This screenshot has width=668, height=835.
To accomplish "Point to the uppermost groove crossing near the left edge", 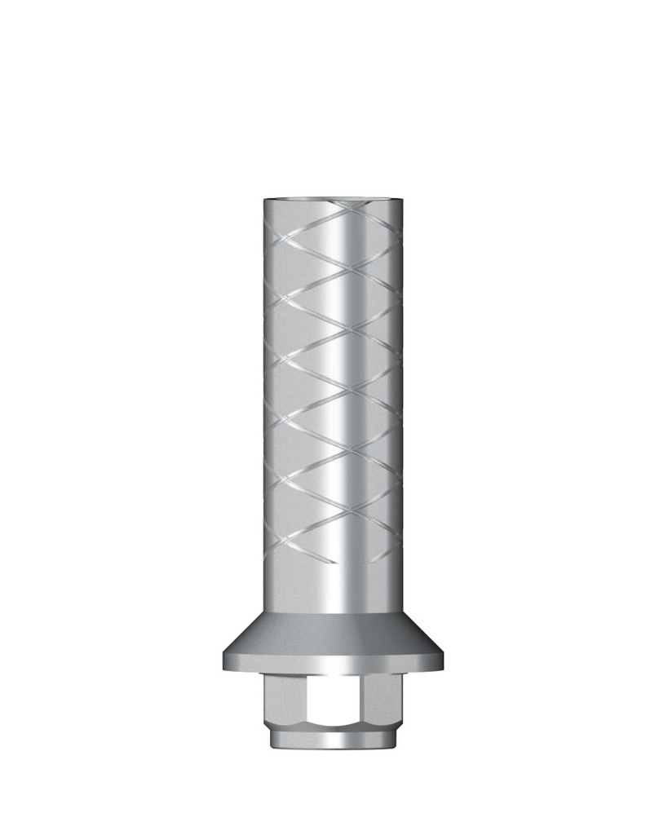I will coord(281,240).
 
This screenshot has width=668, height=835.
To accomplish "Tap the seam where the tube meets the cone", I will coord(334,612).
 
